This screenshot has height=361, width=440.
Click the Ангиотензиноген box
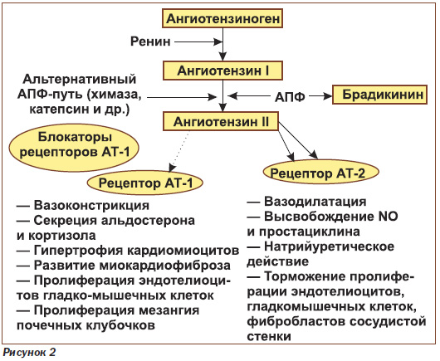tap(222, 18)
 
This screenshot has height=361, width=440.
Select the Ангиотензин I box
tap(222, 71)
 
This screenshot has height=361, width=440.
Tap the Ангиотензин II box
tap(221, 122)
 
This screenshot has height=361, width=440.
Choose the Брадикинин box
tap(380, 95)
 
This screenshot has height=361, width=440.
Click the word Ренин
tap(150, 41)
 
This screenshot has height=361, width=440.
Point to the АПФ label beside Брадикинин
tap(290, 97)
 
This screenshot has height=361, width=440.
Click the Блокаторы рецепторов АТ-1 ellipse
tap(75, 148)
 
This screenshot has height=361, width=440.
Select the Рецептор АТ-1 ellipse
tap(145, 183)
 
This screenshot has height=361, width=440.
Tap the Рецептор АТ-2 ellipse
tap(321, 173)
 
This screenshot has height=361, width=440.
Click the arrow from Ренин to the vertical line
tap(198, 42)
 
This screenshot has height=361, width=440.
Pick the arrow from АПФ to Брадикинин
tap(320, 96)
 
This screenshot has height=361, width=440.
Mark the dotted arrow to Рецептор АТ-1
tap(179, 152)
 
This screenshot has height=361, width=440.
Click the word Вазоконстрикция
tap(91, 205)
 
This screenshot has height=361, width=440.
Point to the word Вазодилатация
tap(315, 202)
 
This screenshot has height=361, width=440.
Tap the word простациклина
tap(310, 232)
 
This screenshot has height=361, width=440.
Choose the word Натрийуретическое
tap(329, 246)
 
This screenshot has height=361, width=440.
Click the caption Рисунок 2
tap(29, 353)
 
